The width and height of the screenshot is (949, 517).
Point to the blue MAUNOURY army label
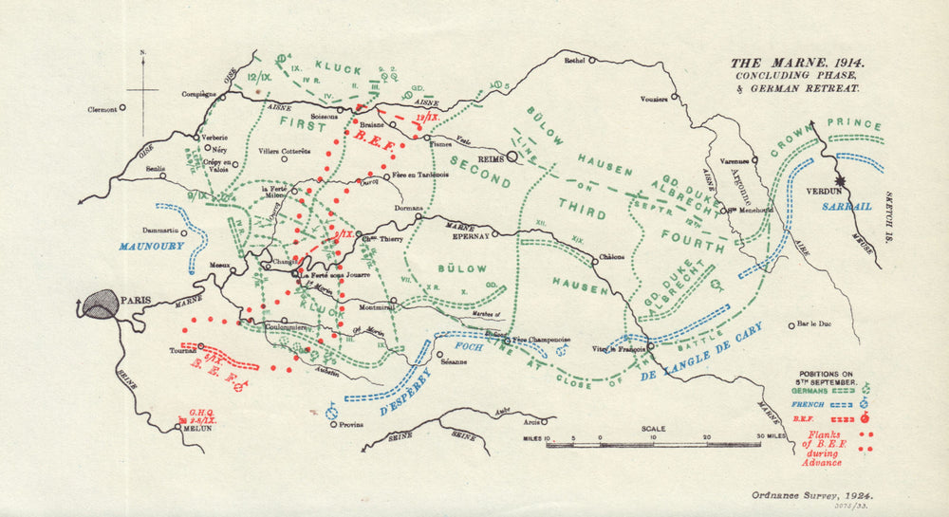click(x=151, y=245)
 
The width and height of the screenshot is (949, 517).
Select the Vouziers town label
click(x=654, y=100)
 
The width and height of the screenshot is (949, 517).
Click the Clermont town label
click(x=97, y=109)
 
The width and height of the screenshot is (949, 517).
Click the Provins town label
click(x=350, y=424)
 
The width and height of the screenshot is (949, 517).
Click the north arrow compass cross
click(x=142, y=90)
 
